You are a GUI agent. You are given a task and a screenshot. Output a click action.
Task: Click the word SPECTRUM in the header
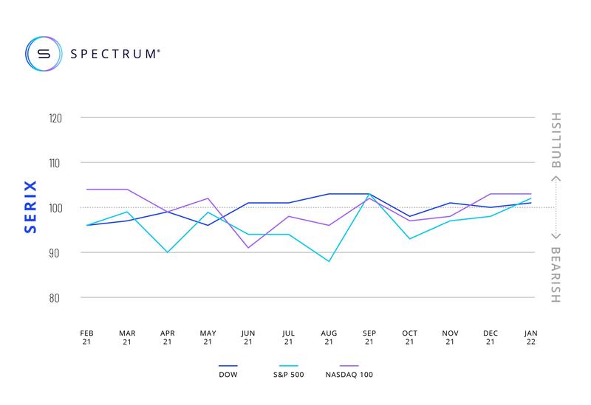pos(115,53)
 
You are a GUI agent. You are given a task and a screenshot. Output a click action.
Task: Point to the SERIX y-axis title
pos(30,208)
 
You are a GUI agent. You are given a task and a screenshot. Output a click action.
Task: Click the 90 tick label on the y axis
pos(55,253)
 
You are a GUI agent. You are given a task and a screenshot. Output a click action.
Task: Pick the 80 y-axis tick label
pos(55,298)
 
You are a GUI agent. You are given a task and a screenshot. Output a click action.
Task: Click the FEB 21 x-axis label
pos(87,337)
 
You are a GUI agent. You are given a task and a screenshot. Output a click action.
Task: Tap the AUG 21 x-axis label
pos(329,337)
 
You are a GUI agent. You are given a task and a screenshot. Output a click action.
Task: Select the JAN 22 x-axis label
pos(531,337)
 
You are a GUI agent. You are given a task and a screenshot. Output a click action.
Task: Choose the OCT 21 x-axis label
pos(409,337)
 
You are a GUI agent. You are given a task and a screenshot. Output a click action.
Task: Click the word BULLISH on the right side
pos(556,141)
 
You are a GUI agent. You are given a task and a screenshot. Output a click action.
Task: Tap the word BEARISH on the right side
pos(556,274)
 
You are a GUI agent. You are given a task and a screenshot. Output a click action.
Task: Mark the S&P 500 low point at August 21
pos(329,261)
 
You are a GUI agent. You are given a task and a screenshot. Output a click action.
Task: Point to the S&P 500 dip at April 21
pos(168,252)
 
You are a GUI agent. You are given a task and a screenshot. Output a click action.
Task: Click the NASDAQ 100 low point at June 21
pos(248,248)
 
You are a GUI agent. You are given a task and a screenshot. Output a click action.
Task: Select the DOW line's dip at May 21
pos(208,225)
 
